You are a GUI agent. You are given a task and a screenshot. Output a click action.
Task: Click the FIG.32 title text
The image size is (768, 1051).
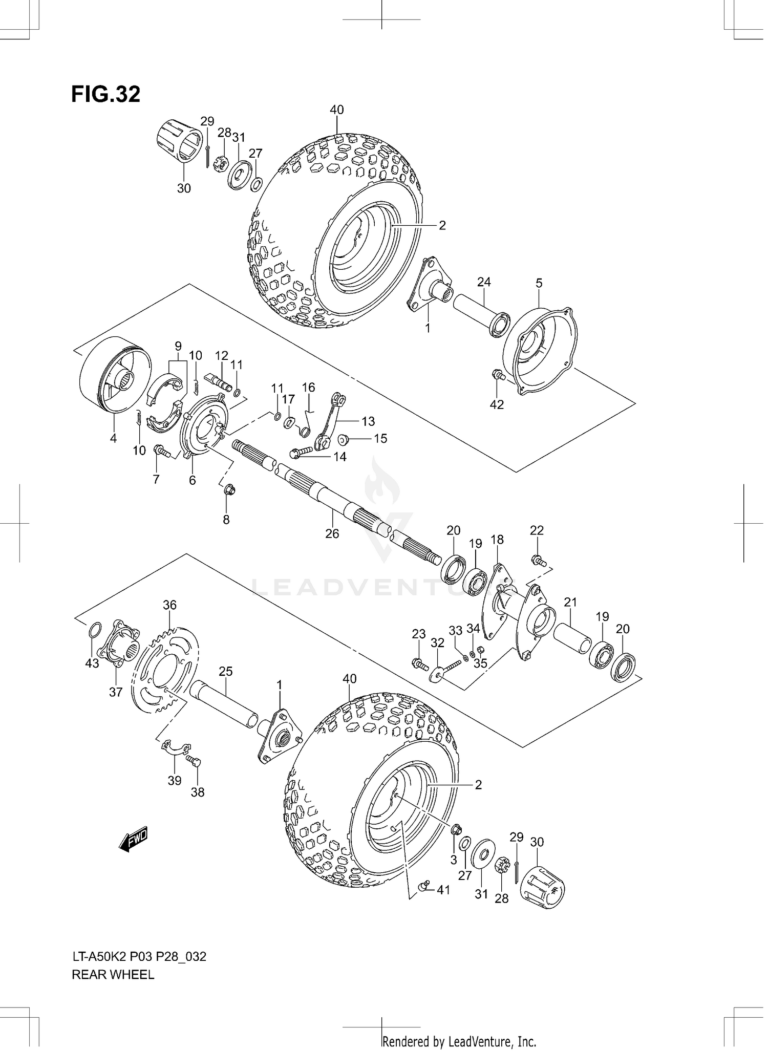105,95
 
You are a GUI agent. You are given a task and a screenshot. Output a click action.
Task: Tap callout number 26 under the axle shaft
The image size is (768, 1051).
332,533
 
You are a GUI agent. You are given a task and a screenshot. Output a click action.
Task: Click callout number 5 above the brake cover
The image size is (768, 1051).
539,283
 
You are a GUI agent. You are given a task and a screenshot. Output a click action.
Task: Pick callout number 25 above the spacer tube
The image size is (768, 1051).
225,671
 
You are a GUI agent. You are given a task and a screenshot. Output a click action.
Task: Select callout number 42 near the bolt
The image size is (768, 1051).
497,404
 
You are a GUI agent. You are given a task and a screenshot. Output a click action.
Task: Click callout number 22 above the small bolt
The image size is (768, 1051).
536,530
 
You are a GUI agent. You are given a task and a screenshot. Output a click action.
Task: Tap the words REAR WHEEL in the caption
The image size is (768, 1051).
113,975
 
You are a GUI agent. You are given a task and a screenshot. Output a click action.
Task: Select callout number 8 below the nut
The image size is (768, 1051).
226,520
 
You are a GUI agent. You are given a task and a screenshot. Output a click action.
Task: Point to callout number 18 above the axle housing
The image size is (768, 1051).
497,540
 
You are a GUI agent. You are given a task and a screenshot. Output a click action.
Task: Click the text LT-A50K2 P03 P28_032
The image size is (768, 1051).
139,956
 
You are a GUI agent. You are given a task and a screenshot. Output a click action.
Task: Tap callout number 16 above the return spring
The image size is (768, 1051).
308,388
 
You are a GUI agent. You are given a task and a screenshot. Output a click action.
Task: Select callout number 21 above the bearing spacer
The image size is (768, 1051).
570,602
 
